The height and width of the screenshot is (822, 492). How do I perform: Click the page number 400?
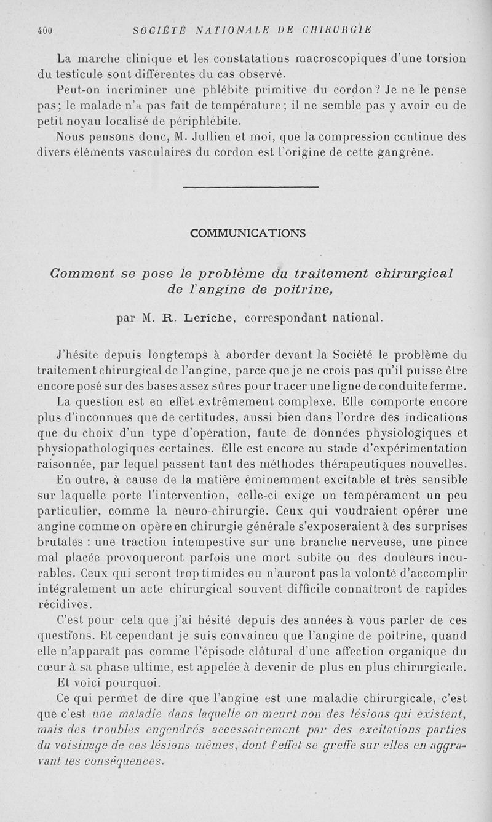(x=44, y=28)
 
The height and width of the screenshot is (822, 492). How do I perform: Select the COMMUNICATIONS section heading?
(x=248, y=233)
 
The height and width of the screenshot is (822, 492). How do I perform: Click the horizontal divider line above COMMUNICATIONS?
(x=251, y=187)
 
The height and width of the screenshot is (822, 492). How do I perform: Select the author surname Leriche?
(x=198, y=318)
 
